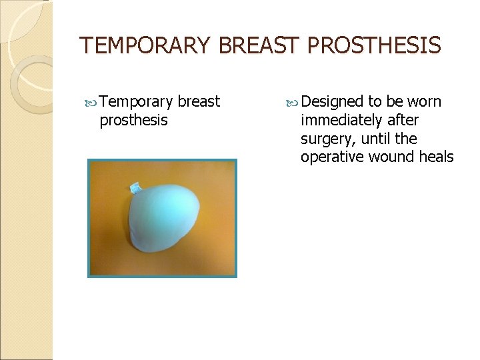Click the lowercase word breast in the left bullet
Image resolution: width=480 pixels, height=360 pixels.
pyautogui.click(x=199, y=102)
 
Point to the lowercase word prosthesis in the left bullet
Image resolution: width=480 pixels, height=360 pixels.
pyautogui.click(x=133, y=120)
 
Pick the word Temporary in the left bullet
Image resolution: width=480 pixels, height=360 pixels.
pyautogui.click(x=137, y=102)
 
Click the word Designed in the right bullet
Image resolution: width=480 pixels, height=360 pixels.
pyautogui.click(x=331, y=102)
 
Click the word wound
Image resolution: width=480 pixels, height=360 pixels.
pyautogui.click(x=389, y=157)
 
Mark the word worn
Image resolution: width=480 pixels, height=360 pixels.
pyautogui.click(x=424, y=102)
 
